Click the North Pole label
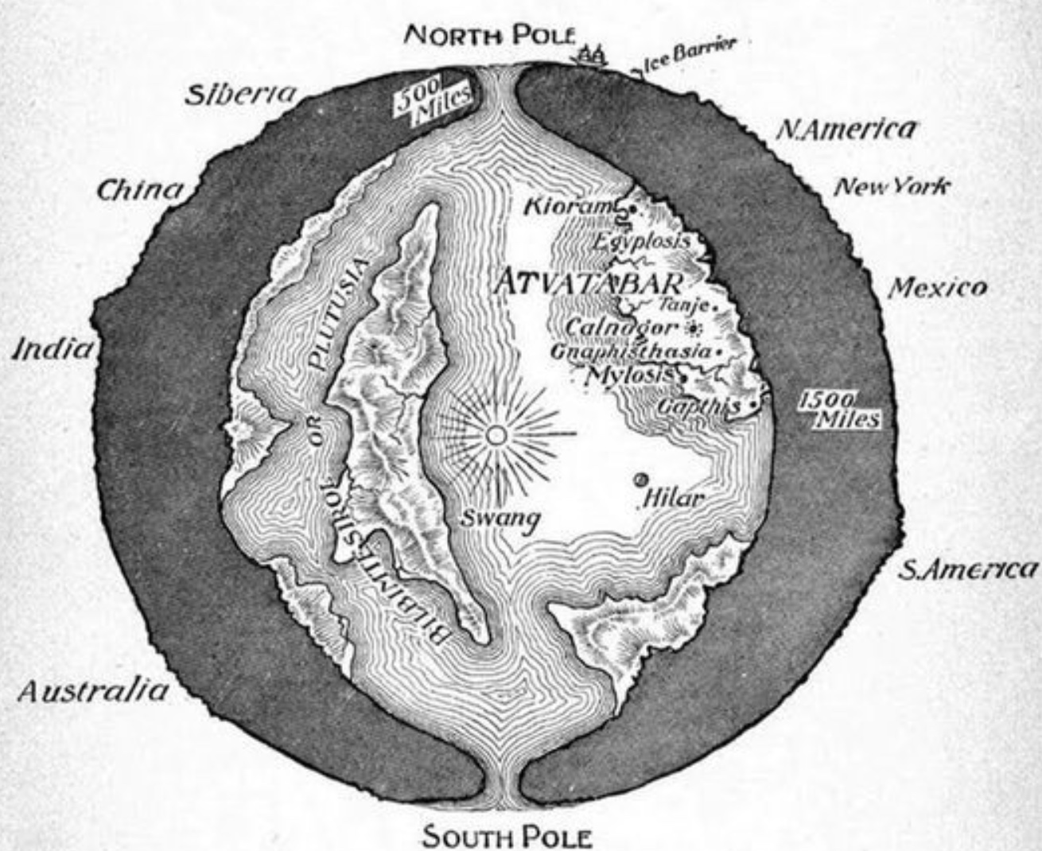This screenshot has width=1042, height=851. pyautogui.click(x=489, y=35)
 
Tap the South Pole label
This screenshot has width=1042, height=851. pyautogui.click(x=507, y=837)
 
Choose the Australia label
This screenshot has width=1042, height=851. pyautogui.click(x=94, y=690)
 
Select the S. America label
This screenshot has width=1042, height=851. pyautogui.click(x=968, y=569)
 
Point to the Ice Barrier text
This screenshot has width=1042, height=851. pyautogui.click(x=686, y=56)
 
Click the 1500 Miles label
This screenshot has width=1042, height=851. pyautogui.click(x=839, y=410)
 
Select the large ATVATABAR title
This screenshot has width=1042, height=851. pyautogui.click(x=589, y=282)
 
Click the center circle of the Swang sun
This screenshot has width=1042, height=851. pyautogui.click(x=496, y=434)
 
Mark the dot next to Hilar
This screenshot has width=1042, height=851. pyautogui.click(x=640, y=479)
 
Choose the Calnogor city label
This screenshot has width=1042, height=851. pyautogui.click(x=623, y=327)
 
